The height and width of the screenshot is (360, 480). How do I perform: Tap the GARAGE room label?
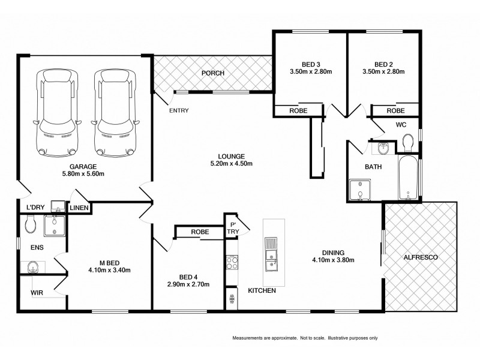83,167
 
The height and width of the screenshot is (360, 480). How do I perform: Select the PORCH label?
212,73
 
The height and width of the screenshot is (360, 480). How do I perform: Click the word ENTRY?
179,110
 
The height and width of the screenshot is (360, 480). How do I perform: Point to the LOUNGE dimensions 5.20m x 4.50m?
231,164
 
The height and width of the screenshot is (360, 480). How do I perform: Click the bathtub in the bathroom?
408,178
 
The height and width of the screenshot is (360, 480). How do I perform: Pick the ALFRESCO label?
422,257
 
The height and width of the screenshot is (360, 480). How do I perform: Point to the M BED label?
110,262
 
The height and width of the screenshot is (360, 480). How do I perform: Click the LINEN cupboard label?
79,208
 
